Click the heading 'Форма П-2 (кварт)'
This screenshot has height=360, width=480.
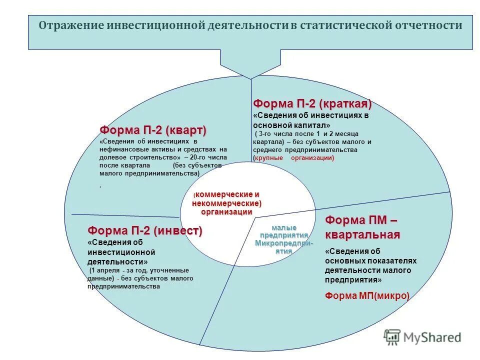point(152,130)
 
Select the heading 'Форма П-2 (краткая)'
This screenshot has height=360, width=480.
point(312,104)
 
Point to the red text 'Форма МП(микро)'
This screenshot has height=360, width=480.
point(367,295)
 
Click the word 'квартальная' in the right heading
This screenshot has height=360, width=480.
point(362,235)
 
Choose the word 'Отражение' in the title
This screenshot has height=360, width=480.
point(71,25)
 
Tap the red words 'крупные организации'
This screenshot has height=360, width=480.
point(294,158)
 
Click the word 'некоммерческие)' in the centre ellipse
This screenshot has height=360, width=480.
point(227,203)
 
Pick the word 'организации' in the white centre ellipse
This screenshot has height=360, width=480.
point(227,211)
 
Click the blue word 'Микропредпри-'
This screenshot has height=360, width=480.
point(284,243)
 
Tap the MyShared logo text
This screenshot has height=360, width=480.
point(431,337)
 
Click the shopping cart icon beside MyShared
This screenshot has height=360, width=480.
point(392,336)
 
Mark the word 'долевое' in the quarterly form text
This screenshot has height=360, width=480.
point(112,157)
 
